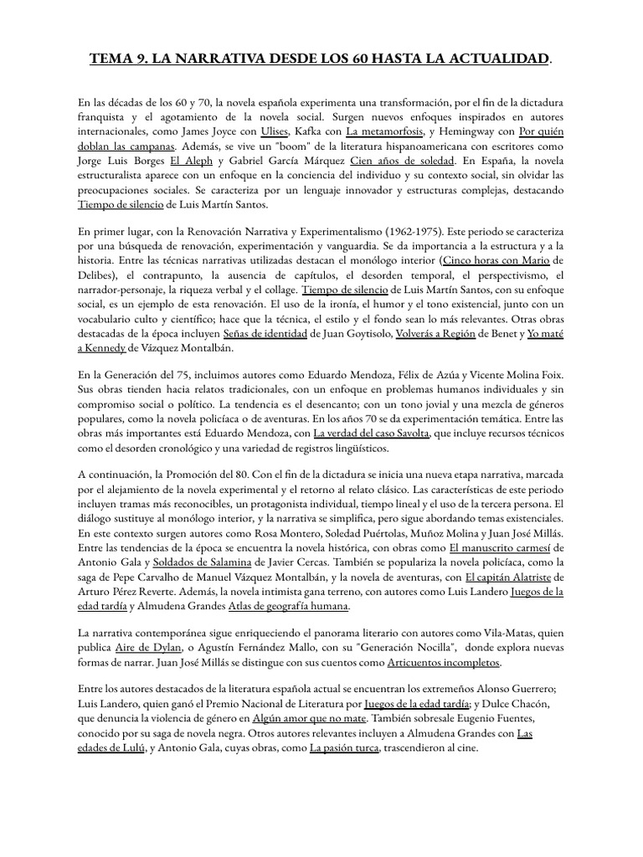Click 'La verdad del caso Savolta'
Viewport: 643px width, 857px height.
pos(371,433)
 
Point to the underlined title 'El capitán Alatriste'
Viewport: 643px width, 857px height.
pos(507,577)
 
